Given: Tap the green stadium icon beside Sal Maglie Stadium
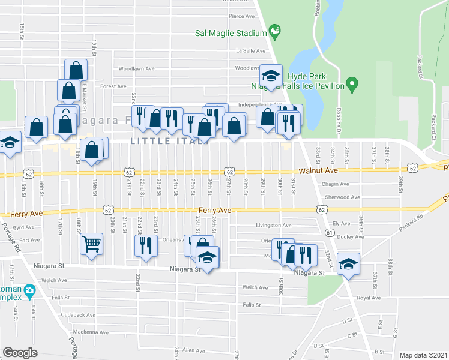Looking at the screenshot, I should [275, 29].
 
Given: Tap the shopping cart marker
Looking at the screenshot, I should [91, 244].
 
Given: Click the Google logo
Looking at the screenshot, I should [20, 353].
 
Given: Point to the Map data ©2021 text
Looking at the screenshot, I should [423, 355].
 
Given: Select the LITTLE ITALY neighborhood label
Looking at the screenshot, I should [169, 142].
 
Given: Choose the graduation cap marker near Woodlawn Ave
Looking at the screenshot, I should [271, 76].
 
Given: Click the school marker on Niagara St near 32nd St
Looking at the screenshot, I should [348, 264].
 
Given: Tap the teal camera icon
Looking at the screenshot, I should [29, 291].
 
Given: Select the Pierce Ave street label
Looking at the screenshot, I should [241, 17].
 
